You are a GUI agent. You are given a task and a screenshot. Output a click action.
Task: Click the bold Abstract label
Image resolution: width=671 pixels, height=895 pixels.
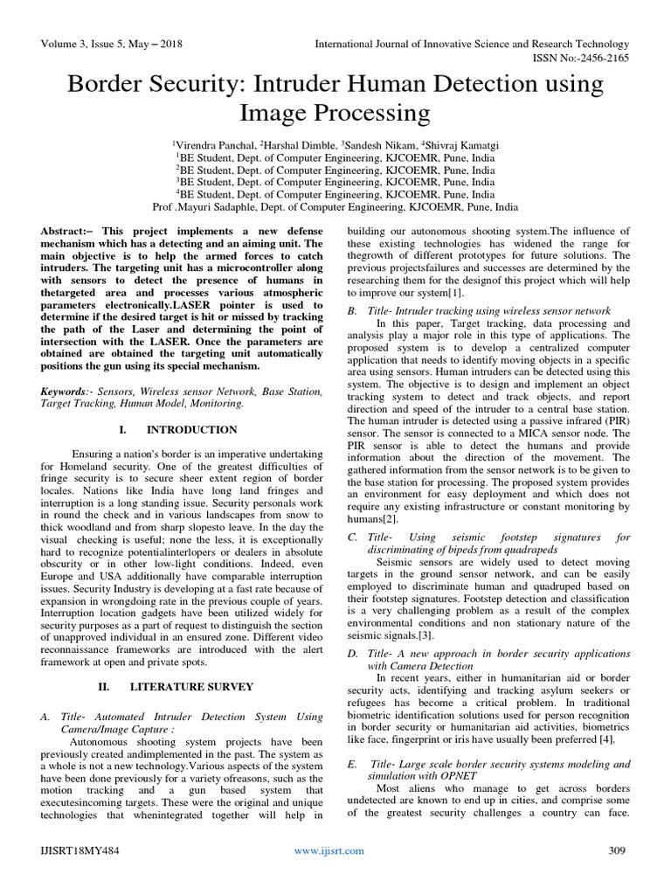tap(65, 229)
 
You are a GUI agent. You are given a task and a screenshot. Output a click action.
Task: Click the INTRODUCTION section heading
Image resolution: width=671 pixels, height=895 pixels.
tap(191, 430)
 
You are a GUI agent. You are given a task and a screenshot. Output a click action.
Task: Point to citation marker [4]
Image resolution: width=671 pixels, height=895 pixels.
tap(607, 716)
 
